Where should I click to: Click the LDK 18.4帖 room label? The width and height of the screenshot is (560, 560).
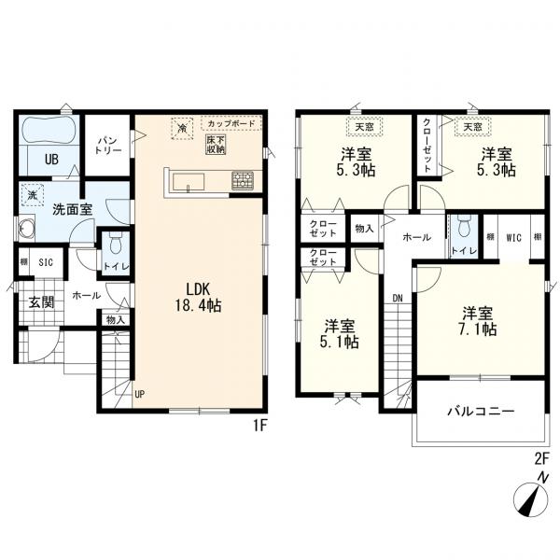click(198, 297)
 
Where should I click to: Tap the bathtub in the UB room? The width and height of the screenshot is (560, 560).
click(49, 131)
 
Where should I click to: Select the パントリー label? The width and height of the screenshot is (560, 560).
click(108, 145)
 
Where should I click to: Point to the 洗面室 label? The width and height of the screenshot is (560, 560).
click(73, 209)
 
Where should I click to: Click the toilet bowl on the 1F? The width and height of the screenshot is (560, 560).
click(115, 244)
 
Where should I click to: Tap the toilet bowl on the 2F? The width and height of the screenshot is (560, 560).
click(464, 225)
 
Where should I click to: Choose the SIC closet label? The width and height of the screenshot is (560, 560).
click(46, 262)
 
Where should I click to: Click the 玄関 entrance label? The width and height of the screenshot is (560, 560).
click(41, 302)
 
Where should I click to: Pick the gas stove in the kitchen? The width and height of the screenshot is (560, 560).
click(243, 180)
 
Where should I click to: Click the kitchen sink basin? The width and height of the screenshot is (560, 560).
click(189, 182)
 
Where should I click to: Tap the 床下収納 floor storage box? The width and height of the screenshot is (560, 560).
click(216, 145)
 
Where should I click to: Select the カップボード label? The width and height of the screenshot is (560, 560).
click(231, 124)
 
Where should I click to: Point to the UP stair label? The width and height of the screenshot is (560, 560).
click(140, 394)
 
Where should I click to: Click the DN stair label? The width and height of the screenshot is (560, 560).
click(398, 299)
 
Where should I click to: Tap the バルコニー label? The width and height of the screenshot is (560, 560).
click(481, 412)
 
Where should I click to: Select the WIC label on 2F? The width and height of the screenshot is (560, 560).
click(513, 238)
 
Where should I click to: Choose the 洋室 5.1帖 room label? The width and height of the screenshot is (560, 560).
click(340, 334)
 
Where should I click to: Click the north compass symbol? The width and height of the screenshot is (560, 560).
click(530, 500)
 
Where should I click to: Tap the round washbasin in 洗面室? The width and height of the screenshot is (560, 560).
click(26, 227)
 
